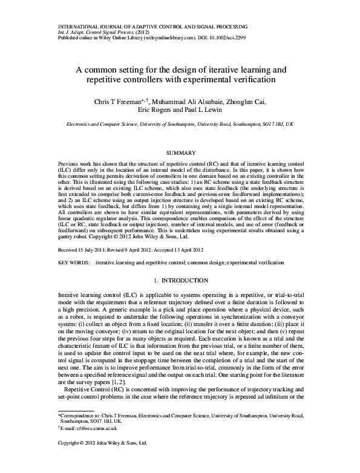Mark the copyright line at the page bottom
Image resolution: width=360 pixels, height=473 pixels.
tap(102, 460)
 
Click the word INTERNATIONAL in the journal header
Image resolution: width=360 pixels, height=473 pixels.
tap(77, 28)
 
